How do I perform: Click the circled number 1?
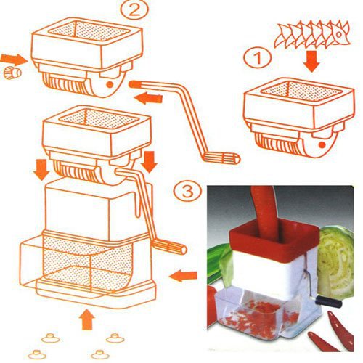click(x=257, y=58)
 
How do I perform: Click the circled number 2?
click(x=134, y=10)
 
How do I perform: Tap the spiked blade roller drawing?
click(x=313, y=34)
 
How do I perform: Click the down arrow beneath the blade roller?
click(x=312, y=61)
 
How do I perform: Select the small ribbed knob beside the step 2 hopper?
click(x=12, y=73)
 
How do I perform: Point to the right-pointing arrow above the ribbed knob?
click(x=13, y=60)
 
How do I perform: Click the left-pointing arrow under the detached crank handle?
click(x=148, y=98)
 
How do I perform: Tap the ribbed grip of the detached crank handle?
click(x=221, y=158)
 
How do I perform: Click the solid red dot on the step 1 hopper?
click(x=322, y=144)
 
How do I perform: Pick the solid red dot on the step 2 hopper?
click(x=110, y=84)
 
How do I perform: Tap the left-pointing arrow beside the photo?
click(x=183, y=277)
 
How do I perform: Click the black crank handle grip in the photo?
click(x=329, y=301)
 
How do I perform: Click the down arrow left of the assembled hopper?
click(x=41, y=169)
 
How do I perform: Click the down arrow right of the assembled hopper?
click(x=149, y=162)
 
